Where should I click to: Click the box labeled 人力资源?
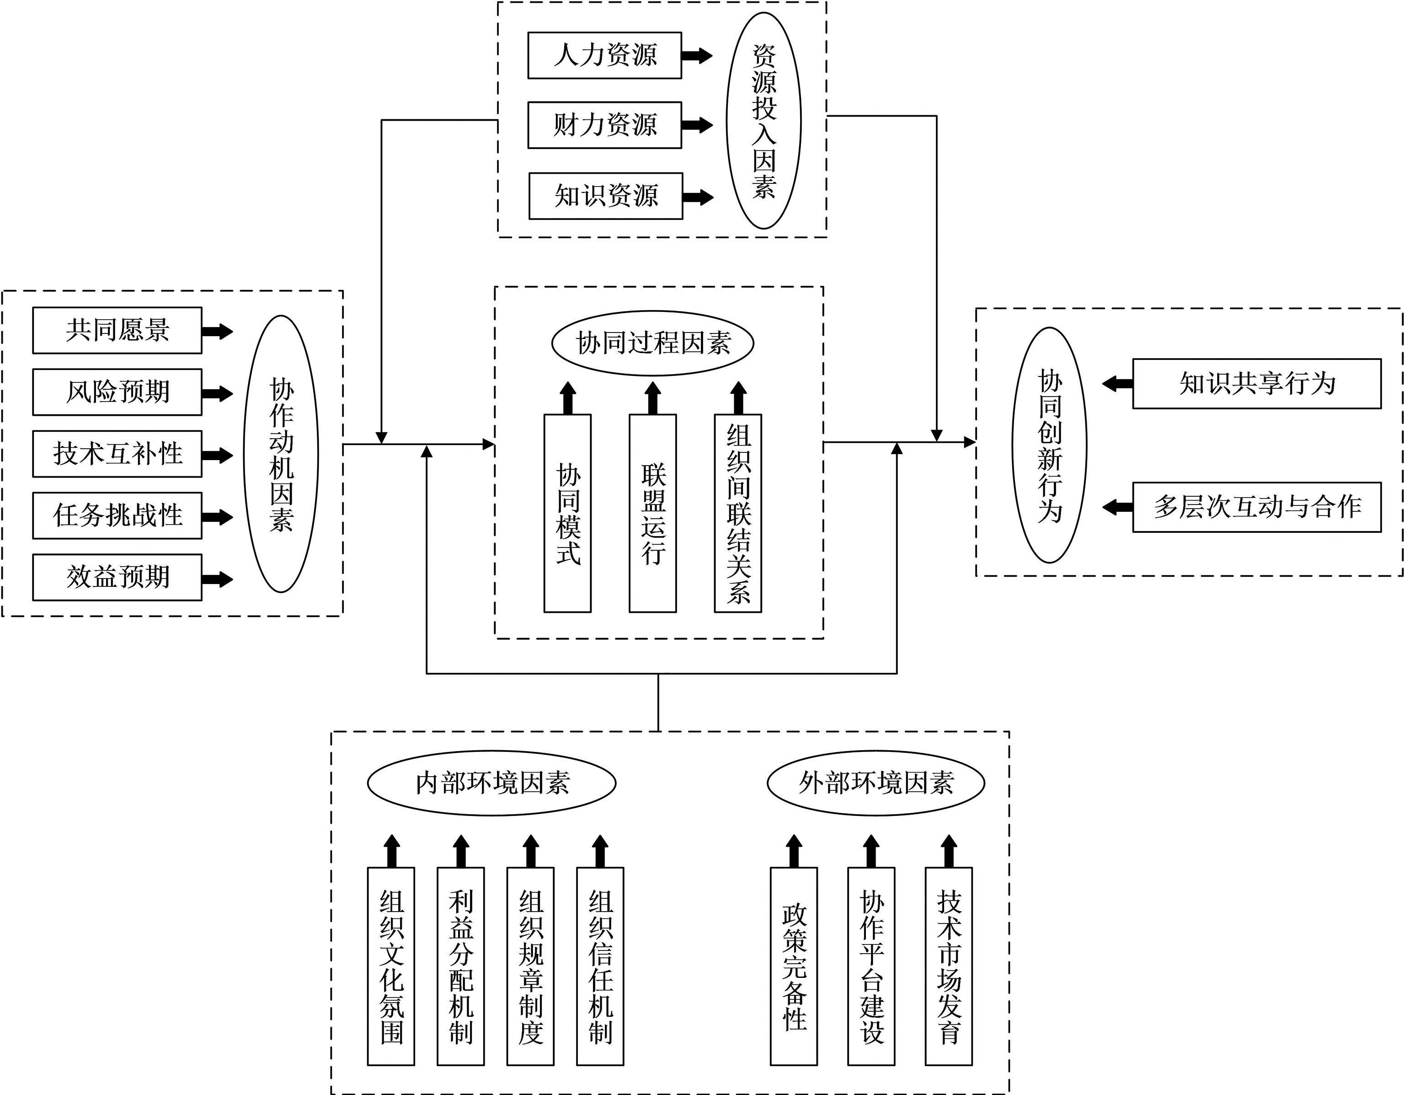coord(604,55)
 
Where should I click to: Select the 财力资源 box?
coord(604,125)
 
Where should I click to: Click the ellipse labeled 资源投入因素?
coord(763,121)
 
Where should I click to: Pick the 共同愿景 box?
coord(117,331)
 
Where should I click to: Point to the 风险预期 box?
coord(117,392)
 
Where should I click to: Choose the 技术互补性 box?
coord(117,454)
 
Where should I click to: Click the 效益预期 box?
coord(117,577)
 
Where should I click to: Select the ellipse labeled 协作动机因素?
coord(281,454)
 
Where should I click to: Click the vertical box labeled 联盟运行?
coord(652,513)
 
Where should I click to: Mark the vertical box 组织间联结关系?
coord(738,513)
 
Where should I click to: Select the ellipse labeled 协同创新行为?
coord(1049,445)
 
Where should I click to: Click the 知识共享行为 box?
coord(1257,384)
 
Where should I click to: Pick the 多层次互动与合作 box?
coord(1257,507)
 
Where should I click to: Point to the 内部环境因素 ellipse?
coord(492,783)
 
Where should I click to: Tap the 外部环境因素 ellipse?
coord(875,783)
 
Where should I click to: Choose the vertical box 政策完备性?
coord(794,966)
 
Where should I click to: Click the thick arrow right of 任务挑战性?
coord(217,517)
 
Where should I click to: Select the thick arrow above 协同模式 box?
coord(568,398)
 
